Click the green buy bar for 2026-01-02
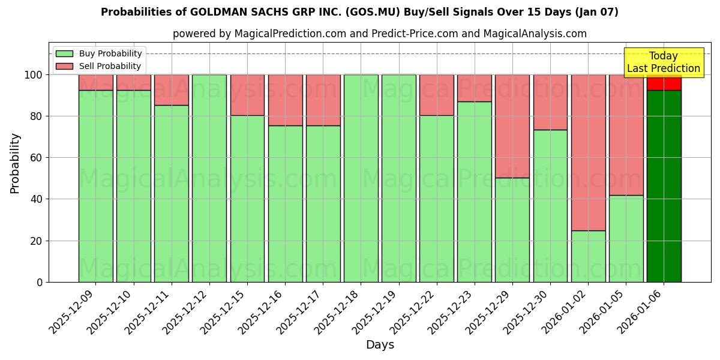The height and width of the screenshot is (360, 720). tap(588, 256)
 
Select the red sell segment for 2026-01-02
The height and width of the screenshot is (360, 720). tap(588, 152)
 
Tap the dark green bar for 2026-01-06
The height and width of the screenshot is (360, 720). tap(664, 186)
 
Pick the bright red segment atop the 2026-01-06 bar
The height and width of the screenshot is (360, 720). tap(664, 83)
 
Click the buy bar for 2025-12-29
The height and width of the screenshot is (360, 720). tap(512, 230)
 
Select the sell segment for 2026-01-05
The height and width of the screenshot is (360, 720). tap(626, 135)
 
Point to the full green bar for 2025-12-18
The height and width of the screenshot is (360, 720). tap(361, 178)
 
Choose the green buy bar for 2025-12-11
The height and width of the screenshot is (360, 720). tap(172, 193)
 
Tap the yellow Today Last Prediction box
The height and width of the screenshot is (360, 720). tap(663, 62)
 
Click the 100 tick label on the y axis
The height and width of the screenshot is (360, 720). tap(34, 75)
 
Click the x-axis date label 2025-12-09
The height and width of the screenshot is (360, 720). tap(73, 312)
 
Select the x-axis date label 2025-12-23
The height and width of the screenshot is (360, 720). tap(451, 312)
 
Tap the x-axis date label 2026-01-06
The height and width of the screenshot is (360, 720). tap(640, 312)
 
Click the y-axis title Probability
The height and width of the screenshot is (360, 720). tap(16, 163)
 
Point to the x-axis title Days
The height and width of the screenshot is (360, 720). tap(380, 345)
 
